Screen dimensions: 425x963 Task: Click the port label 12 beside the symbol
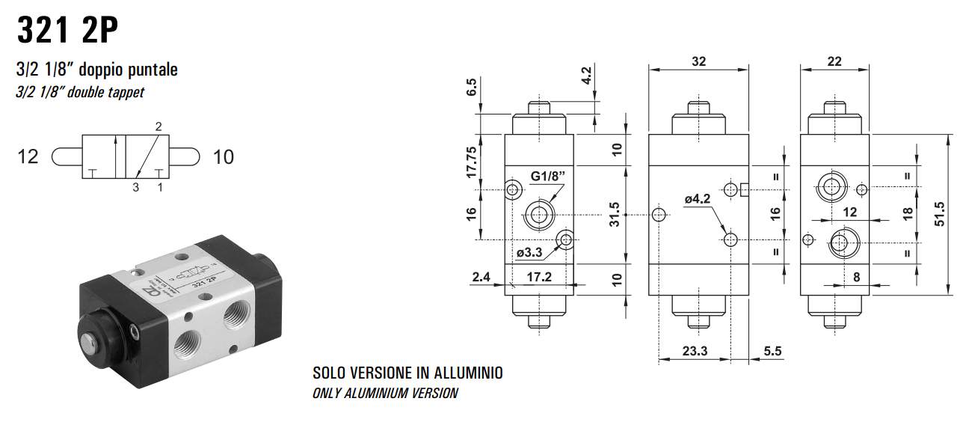(x=28, y=157)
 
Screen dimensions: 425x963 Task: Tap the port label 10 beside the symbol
(x=223, y=157)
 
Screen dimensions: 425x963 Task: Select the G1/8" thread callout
(x=549, y=177)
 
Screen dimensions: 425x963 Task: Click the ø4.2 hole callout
(x=698, y=199)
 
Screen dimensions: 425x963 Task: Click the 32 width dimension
(x=698, y=61)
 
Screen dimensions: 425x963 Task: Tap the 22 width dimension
(x=835, y=61)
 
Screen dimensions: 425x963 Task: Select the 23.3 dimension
(x=695, y=350)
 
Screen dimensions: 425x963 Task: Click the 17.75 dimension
(x=471, y=161)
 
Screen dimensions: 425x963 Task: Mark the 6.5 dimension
(x=471, y=88)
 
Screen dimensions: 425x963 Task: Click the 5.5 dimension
(x=772, y=350)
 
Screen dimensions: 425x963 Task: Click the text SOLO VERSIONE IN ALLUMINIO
(x=407, y=373)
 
